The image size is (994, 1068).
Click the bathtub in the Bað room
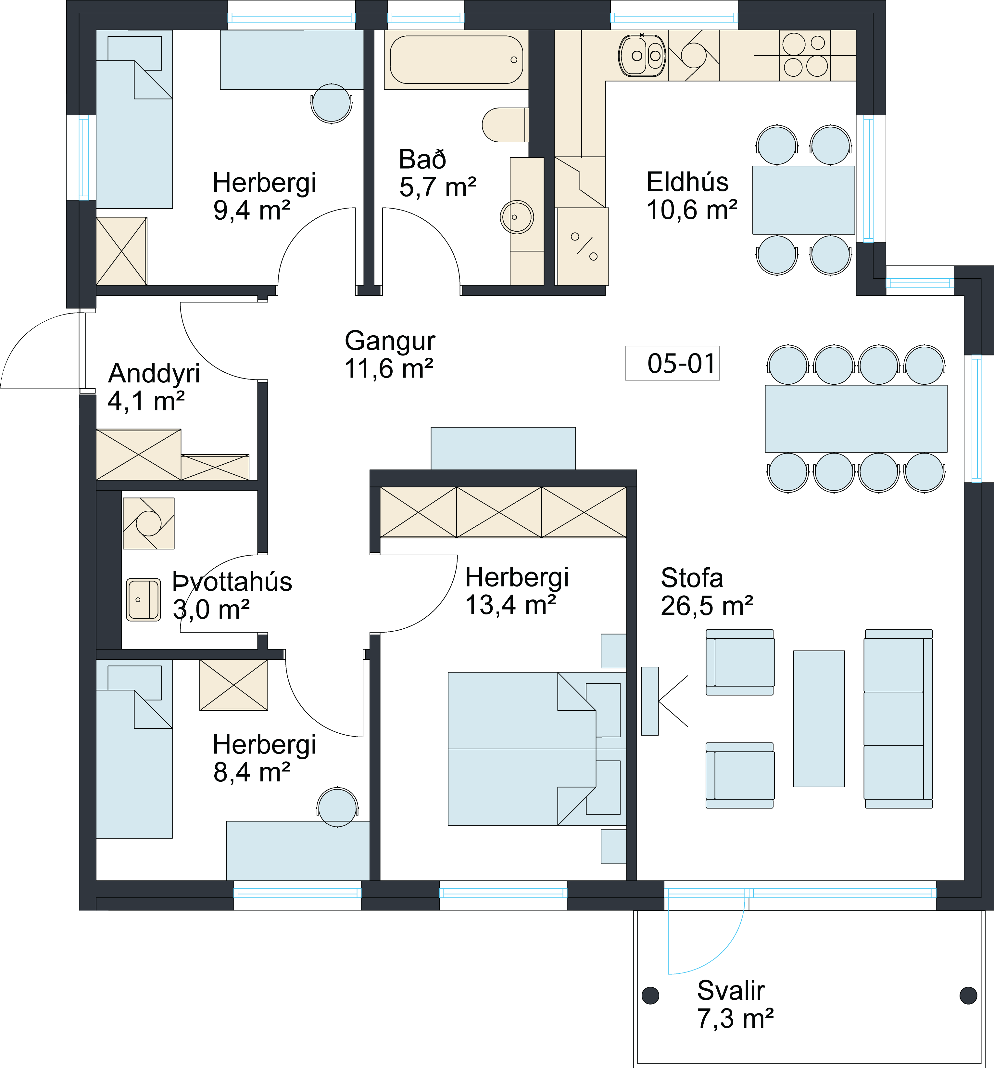[x=457, y=60]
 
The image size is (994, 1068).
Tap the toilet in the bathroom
[x=505, y=125]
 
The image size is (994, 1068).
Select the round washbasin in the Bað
[x=517, y=217]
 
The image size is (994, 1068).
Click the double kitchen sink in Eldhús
[x=642, y=55]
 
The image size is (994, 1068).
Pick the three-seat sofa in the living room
[x=898, y=719]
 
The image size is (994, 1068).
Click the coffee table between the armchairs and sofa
[x=819, y=719]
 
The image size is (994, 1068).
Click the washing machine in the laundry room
[x=149, y=523]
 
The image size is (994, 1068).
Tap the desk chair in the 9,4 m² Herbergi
[x=331, y=103]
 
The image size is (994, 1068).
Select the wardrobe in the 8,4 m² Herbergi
[x=233, y=685]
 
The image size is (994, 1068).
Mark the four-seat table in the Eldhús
[x=803, y=200]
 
